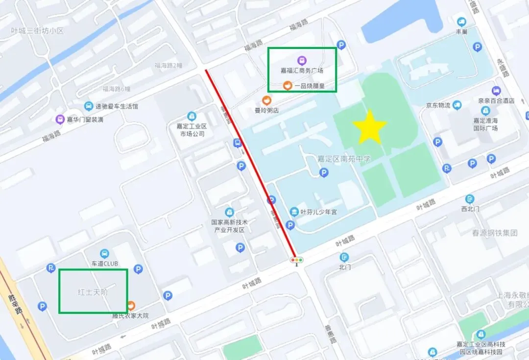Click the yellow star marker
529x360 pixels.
[x=370, y=127]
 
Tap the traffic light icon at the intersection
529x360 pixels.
[x=296, y=260]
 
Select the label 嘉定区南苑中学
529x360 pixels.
[x=344, y=159]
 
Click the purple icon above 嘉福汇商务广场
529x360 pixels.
[x=302, y=60]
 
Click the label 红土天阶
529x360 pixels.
[x=93, y=292]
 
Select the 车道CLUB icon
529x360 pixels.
[x=104, y=253]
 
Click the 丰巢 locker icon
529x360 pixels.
[x=461, y=22]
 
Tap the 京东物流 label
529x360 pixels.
[x=437, y=105]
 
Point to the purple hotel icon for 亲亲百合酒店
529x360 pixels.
[x=496, y=91]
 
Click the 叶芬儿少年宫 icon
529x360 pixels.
[x=294, y=212]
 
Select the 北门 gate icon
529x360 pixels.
[x=345, y=257]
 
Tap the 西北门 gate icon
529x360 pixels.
[x=470, y=199]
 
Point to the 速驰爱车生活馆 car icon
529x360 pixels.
[x=89, y=106]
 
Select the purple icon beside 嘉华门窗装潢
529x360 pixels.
[x=60, y=120]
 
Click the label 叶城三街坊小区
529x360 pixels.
[x=38, y=30]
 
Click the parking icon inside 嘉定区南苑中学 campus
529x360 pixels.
[x=323, y=172]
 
